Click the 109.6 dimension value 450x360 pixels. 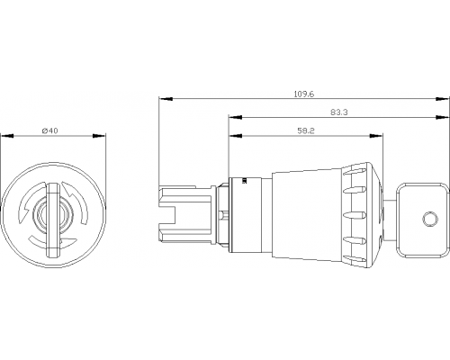[x=304, y=94]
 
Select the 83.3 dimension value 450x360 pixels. [x=339, y=112]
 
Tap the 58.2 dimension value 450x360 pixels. [x=306, y=130]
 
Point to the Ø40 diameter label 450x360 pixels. [x=50, y=130]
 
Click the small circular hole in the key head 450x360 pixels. [x=430, y=219]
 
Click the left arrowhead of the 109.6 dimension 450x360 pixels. [x=166, y=98]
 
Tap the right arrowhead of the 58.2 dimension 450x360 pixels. [x=375, y=136]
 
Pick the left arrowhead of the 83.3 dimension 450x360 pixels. [x=236, y=117]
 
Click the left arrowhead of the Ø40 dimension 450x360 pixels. [x=7, y=136]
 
